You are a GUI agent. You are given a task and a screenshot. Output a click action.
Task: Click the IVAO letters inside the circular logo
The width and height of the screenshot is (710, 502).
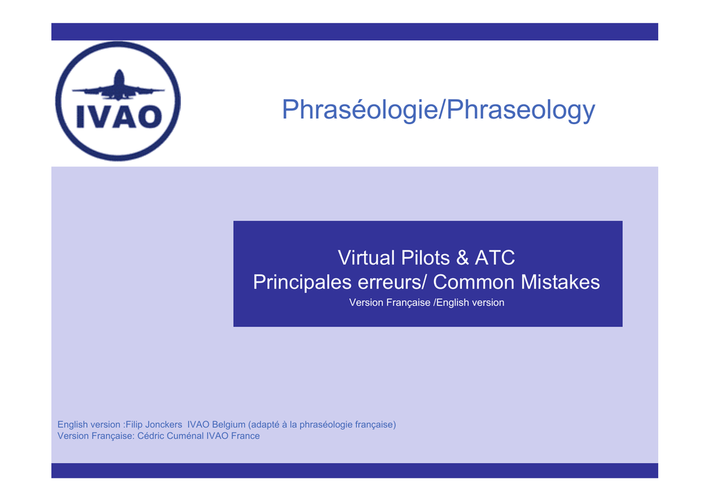[119, 116]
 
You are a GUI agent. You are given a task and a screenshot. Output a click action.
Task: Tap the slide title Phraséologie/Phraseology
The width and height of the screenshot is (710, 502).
[438, 110]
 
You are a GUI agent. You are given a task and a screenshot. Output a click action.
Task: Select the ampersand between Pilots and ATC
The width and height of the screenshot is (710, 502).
[462, 258]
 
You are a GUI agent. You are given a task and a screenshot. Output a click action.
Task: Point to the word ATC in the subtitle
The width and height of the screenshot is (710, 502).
[494, 258]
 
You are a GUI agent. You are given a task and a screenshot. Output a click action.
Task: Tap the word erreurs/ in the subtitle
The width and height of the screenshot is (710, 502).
[392, 282]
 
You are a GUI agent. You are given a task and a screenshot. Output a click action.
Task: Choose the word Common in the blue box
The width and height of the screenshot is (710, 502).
[474, 282]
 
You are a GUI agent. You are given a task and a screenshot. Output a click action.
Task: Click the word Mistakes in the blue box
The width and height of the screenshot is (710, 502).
[560, 282]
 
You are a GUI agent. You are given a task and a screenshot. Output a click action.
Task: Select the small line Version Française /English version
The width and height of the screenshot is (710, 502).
[426, 302]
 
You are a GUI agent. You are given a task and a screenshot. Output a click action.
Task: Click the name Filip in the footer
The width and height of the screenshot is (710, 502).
[134, 424]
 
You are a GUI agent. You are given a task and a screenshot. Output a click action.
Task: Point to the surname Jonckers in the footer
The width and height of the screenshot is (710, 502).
[164, 425]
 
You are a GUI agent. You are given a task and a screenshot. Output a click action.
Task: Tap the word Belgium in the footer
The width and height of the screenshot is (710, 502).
[229, 425]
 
